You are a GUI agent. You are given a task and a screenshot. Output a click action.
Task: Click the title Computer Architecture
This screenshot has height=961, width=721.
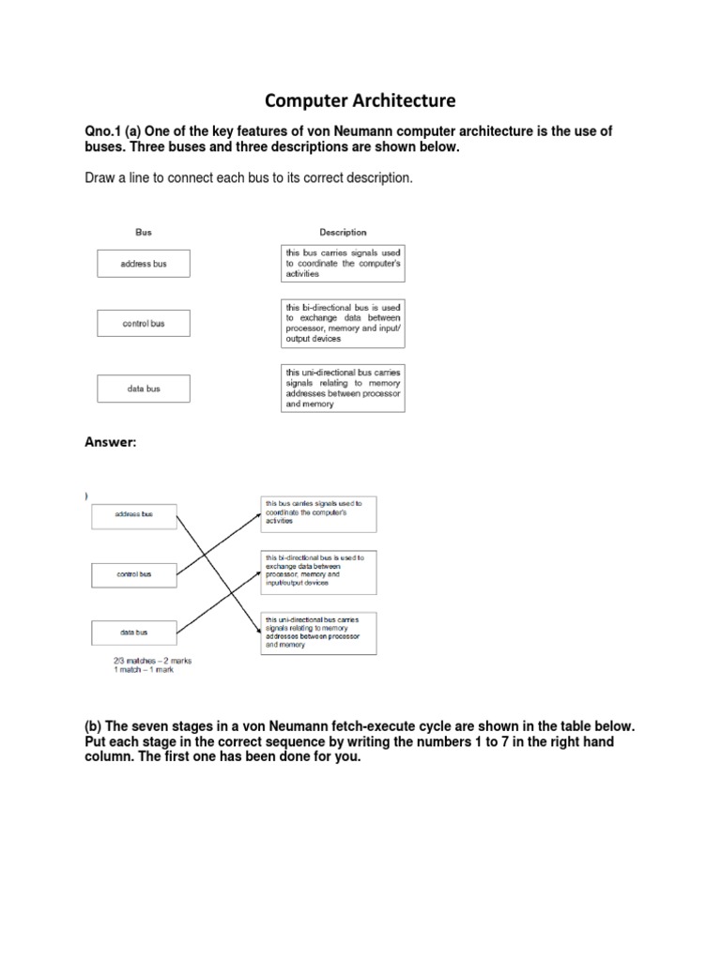point(360,99)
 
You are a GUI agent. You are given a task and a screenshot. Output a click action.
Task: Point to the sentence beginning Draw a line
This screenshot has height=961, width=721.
point(248,177)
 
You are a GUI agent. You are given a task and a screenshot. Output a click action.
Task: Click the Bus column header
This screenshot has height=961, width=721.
point(143,232)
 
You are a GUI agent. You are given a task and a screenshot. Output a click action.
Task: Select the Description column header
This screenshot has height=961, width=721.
point(343,232)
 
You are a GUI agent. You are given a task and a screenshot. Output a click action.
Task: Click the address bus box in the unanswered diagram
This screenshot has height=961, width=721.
point(144,264)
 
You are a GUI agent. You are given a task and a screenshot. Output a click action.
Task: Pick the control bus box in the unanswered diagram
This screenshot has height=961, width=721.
point(144,324)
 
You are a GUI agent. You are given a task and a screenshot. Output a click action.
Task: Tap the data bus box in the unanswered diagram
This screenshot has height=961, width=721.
point(144,389)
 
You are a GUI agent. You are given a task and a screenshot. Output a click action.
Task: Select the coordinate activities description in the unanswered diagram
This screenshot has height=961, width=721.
point(345,265)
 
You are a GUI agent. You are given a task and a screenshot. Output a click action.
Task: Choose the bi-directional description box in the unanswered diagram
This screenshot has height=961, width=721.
point(345,324)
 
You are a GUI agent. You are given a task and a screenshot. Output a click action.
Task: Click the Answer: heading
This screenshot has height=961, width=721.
point(111,442)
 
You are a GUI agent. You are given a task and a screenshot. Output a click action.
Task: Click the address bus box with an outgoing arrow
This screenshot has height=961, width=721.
point(133,514)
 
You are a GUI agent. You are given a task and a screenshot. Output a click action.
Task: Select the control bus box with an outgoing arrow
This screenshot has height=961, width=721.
point(133,573)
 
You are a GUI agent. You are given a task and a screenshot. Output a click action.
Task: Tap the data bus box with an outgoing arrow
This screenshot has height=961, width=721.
point(133,633)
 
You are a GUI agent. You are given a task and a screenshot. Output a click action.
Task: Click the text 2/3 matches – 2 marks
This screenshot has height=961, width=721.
point(152,660)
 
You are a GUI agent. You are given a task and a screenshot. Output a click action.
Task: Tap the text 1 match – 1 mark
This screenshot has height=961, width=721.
point(143,669)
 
